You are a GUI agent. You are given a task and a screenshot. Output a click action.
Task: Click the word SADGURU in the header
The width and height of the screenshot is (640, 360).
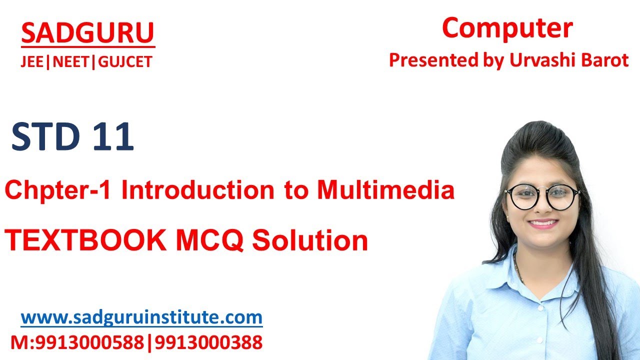pyautogui.click(x=87, y=33)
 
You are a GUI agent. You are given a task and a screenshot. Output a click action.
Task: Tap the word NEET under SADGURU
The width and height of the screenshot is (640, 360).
pyautogui.click(x=72, y=62)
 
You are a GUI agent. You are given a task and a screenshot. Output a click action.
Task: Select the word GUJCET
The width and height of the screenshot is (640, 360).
pyautogui.click(x=125, y=62)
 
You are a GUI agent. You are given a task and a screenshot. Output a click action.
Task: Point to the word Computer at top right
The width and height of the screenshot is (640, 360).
pyautogui.click(x=507, y=28)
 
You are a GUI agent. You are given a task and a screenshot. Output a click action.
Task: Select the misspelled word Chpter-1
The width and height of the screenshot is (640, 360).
pyautogui.click(x=60, y=191)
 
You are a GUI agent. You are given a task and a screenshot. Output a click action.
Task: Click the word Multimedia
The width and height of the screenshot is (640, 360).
pyautogui.click(x=385, y=190)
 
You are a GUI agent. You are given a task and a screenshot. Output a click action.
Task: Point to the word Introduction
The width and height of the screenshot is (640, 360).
pyautogui.click(x=197, y=190)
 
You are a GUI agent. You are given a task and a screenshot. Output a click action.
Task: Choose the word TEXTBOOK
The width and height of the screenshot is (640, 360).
pyautogui.click(x=85, y=241)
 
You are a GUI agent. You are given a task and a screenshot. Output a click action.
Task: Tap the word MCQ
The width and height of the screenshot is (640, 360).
pyautogui.click(x=210, y=241)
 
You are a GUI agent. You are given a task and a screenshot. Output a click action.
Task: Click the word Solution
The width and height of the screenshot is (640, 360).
pyautogui.click(x=310, y=241)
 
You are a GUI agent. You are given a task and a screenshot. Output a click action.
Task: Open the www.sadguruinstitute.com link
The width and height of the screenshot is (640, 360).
pyautogui.click(x=141, y=317)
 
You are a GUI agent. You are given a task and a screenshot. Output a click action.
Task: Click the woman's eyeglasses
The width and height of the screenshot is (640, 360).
pyautogui.click(x=542, y=196)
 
